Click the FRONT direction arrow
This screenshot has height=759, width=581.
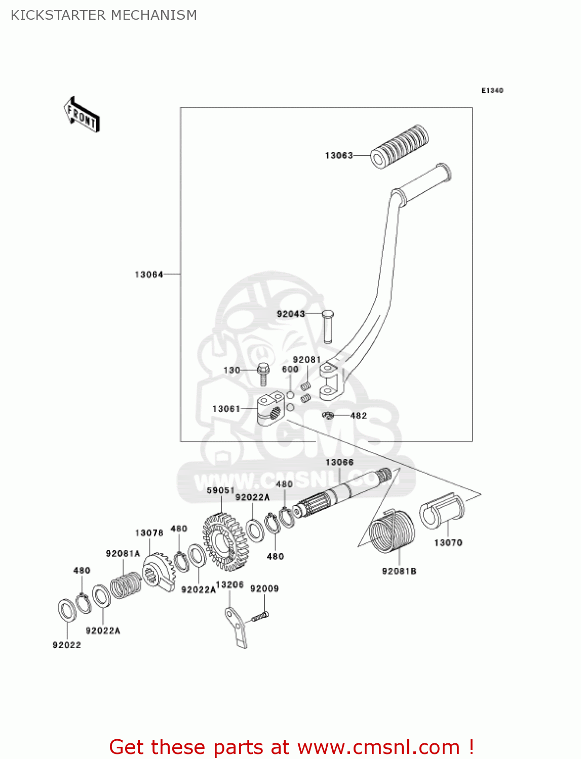click(82, 115)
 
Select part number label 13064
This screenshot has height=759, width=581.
click(149, 274)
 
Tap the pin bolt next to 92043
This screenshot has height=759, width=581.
click(327, 326)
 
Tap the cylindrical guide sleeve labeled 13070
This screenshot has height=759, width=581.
click(442, 511)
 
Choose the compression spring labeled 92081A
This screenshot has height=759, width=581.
click(126, 585)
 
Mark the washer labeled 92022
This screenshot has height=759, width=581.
click(67, 611)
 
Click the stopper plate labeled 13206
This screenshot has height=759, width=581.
click(236, 627)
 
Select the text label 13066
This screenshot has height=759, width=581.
click(339, 462)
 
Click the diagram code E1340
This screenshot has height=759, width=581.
click(492, 91)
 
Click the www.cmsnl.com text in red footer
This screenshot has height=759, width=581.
click(378, 747)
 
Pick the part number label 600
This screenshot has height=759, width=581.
click(290, 369)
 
